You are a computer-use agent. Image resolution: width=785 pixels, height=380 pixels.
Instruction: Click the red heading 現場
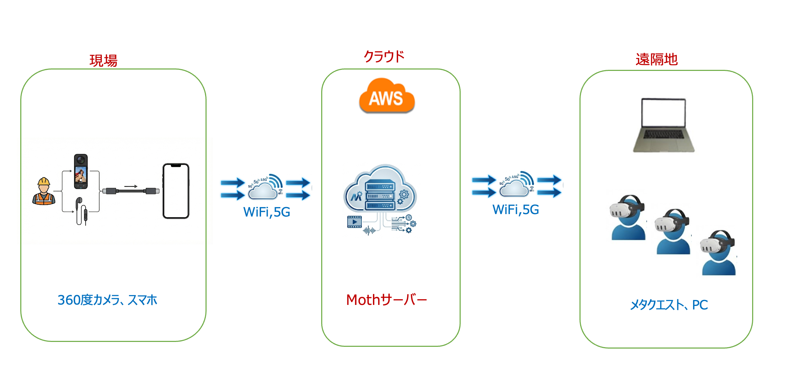(x=103, y=60)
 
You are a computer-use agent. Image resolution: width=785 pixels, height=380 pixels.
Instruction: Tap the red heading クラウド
(x=384, y=56)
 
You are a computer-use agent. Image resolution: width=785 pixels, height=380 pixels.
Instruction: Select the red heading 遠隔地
(x=656, y=59)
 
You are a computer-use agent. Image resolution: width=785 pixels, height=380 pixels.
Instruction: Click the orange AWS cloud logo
(x=387, y=96)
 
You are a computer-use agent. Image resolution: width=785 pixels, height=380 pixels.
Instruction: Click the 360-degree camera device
(x=81, y=171)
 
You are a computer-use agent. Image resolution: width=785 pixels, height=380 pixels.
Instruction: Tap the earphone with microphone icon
(x=81, y=211)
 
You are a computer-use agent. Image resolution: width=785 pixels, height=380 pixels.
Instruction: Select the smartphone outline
(x=176, y=191)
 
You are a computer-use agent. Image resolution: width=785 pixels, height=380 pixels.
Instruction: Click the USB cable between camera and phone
(x=131, y=191)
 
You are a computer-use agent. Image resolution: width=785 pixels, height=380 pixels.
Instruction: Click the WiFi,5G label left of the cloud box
(x=267, y=212)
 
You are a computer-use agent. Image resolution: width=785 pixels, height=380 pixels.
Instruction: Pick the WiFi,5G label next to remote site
(x=516, y=210)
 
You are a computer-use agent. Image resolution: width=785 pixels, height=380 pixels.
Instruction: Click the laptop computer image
(x=663, y=125)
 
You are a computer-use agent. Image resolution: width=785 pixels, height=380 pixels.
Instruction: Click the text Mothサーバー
(x=386, y=300)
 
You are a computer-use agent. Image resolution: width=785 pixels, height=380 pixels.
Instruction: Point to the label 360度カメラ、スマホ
(x=107, y=300)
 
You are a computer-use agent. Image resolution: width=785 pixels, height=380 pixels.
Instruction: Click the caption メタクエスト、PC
(x=668, y=305)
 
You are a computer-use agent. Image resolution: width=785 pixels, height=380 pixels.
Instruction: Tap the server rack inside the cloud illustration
(x=380, y=196)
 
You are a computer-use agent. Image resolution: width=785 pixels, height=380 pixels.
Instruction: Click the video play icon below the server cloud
(x=354, y=222)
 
